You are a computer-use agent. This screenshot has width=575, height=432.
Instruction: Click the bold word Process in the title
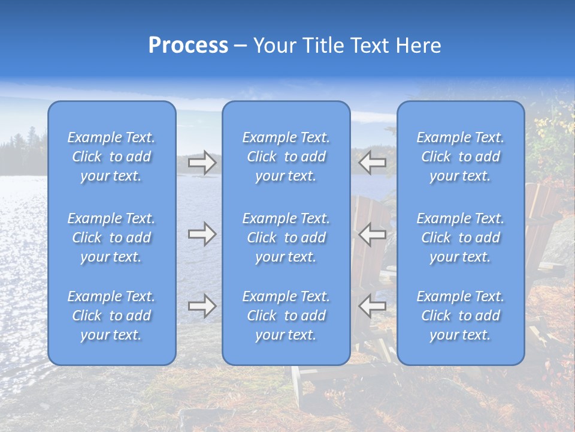188,46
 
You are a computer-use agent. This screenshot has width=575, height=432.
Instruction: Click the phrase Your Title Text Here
347,46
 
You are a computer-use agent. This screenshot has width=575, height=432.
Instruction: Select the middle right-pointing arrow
202,234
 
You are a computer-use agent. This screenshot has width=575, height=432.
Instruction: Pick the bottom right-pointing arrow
202,306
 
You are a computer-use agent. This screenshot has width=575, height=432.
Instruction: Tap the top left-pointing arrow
372,162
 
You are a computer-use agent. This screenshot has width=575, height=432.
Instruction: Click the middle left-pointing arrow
372,234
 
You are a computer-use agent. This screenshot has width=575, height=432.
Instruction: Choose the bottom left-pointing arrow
372,306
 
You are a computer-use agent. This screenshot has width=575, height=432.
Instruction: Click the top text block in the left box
111,157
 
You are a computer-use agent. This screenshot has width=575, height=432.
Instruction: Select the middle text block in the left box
111,238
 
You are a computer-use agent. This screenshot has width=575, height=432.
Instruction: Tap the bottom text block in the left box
111,316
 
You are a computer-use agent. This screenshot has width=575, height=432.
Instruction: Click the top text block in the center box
286,157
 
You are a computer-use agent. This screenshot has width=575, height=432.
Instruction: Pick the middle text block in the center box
286,238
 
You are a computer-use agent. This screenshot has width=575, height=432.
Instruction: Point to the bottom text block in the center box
286,316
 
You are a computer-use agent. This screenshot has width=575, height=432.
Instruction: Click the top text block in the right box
461,157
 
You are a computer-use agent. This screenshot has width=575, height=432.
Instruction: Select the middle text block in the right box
461,238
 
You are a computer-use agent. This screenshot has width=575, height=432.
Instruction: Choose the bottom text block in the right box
461,316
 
